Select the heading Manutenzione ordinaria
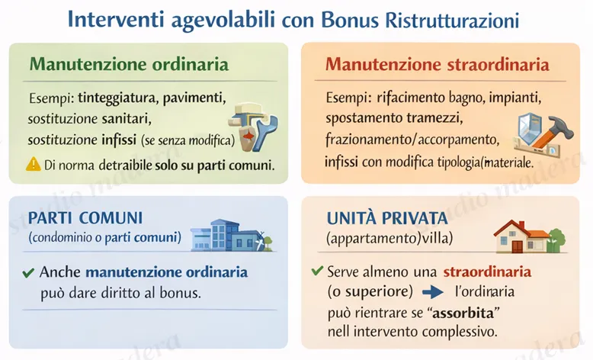[128, 64]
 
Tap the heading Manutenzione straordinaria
[438, 64]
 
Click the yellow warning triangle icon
[34, 163]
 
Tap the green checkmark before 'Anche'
[28, 272]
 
